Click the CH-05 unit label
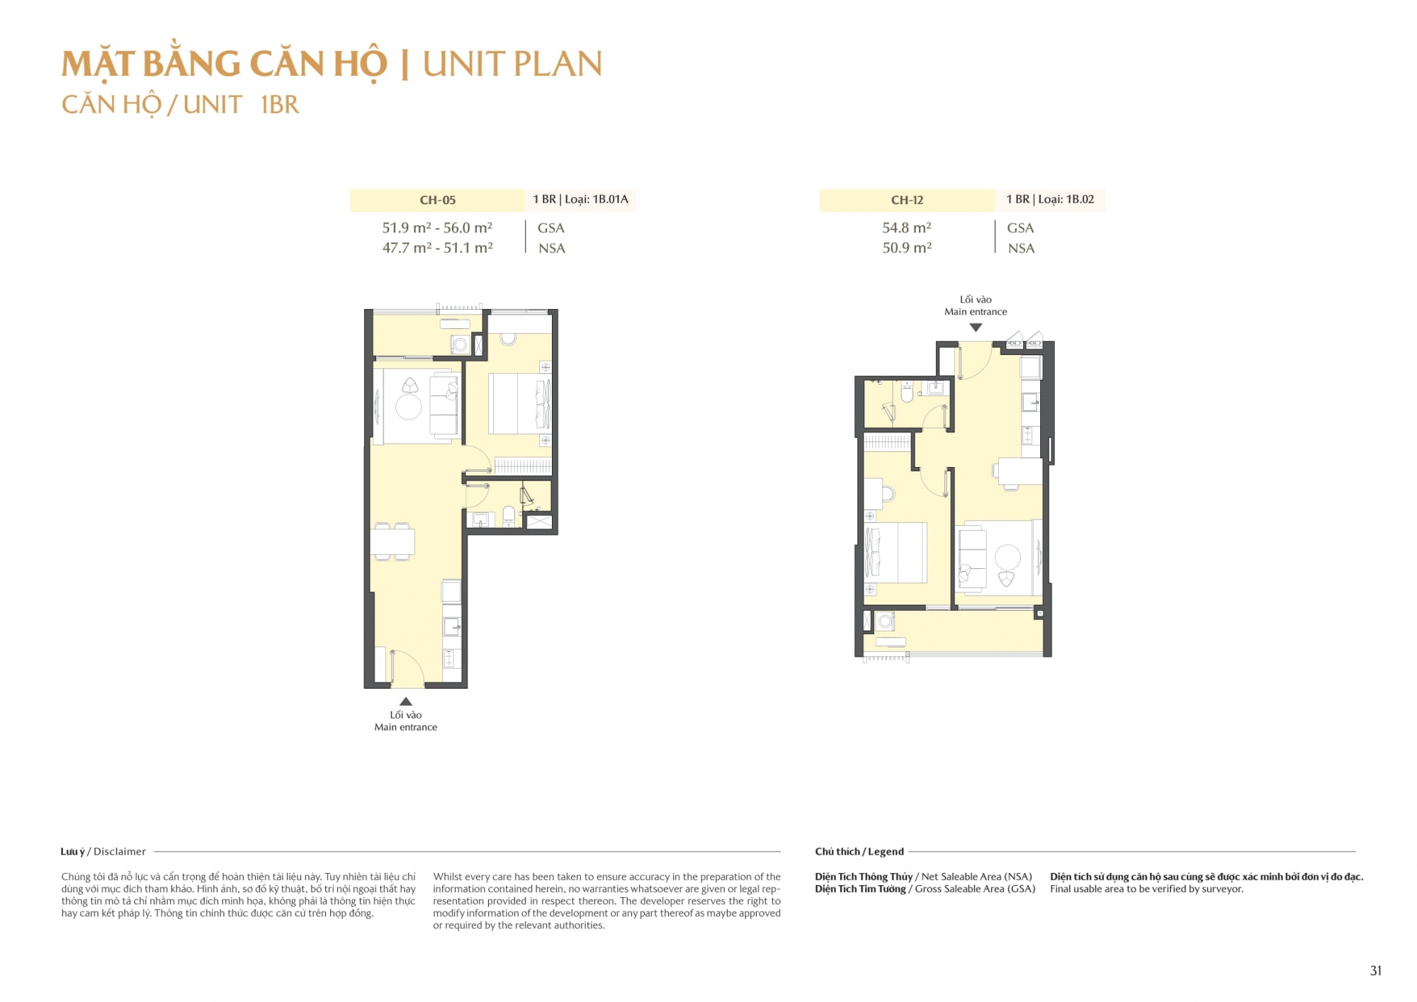tap(437, 200)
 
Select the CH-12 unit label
tap(907, 200)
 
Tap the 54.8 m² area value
tap(906, 227)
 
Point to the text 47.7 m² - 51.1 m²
tap(437, 247)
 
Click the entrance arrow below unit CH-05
tap(406, 702)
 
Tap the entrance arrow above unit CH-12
tap(976, 327)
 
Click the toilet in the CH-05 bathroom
tap(509, 515)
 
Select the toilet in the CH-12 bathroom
tap(907, 391)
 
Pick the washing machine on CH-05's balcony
tap(461, 345)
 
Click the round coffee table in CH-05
tap(409, 407)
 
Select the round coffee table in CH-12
tap(1007, 558)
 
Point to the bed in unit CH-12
tap(896, 553)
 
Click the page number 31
tap(1376, 971)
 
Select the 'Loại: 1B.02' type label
tap(1066, 199)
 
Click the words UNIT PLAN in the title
tap(512, 64)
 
